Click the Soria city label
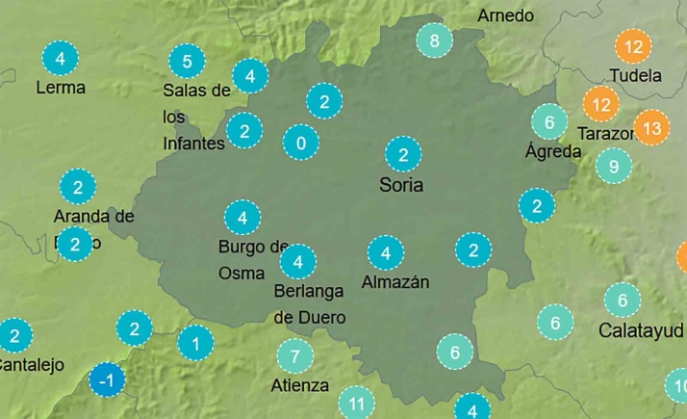(x=402, y=185)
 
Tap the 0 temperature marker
(x=301, y=144)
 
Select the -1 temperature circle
(x=108, y=381)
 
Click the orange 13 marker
(x=651, y=126)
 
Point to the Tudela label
(x=635, y=75)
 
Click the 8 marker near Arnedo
(x=434, y=40)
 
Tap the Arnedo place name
(x=505, y=15)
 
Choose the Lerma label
(x=60, y=88)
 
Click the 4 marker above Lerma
(x=61, y=58)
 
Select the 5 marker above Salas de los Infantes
(x=187, y=63)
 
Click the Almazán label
(x=394, y=282)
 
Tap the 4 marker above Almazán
(x=386, y=253)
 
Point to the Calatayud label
(x=641, y=330)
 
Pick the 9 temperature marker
(x=614, y=166)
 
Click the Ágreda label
(x=553, y=151)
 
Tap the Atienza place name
(x=300, y=386)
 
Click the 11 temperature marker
(x=357, y=403)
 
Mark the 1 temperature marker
(x=195, y=342)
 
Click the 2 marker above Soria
(x=403, y=154)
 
